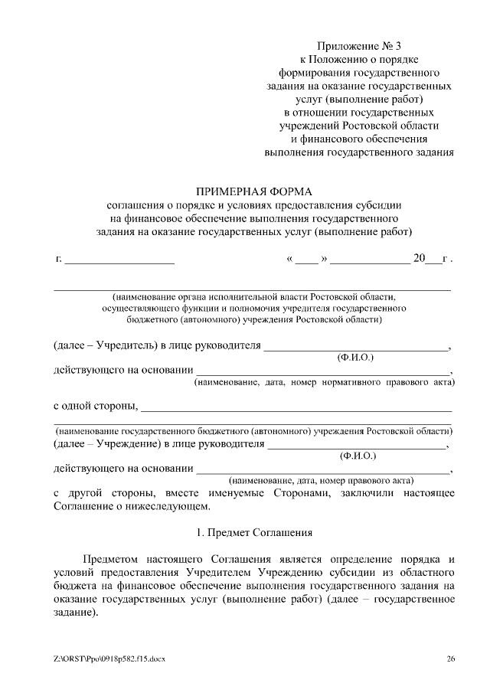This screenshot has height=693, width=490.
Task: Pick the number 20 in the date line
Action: click(419, 258)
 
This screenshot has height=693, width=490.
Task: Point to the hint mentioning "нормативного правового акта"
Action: click(324, 381)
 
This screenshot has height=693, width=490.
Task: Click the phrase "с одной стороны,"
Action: click(95, 404)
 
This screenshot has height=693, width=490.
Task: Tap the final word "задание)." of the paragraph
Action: click(76, 613)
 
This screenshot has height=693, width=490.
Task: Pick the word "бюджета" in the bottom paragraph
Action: click(74, 586)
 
